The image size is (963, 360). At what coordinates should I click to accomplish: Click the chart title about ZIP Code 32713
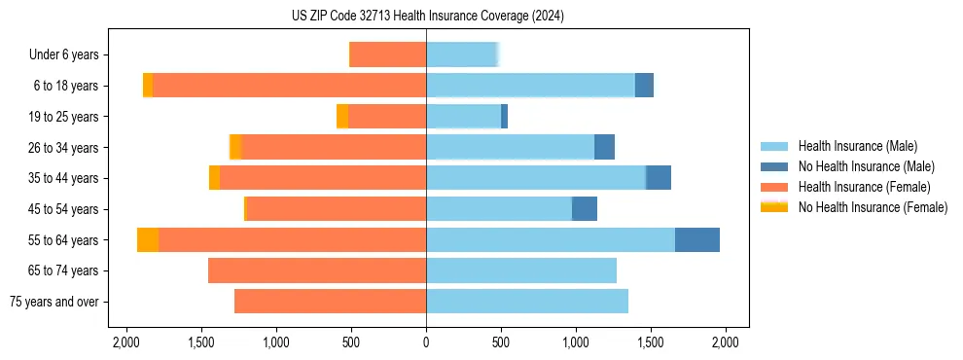pyautogui.click(x=427, y=16)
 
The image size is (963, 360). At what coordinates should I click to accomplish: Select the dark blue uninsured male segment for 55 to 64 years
pyautogui.click(x=696, y=239)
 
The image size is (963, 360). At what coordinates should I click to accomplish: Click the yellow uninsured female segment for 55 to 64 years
pyautogui.click(x=148, y=239)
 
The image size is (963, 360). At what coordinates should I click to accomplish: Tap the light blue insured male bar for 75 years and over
pyautogui.click(x=526, y=302)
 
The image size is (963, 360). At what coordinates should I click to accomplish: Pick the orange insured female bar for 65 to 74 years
pyautogui.click(x=317, y=270)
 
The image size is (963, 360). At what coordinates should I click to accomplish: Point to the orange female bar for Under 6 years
pyautogui.click(x=387, y=54)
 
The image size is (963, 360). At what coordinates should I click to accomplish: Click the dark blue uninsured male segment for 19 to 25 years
pyautogui.click(x=504, y=117)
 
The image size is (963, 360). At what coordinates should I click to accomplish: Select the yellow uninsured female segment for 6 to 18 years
pyautogui.click(x=148, y=86)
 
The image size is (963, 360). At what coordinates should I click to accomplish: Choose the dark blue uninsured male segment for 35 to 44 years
pyautogui.click(x=659, y=178)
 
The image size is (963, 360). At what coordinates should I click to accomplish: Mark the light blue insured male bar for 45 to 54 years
pyautogui.click(x=498, y=208)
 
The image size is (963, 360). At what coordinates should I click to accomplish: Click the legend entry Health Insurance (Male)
pyautogui.click(x=857, y=146)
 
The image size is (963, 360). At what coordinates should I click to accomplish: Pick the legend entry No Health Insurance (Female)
pyautogui.click(x=873, y=207)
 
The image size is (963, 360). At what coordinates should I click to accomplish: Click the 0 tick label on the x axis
pyautogui.click(x=426, y=342)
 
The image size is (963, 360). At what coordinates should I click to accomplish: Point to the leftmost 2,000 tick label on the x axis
pyautogui.click(x=126, y=342)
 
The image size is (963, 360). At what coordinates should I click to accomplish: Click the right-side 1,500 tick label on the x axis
pyautogui.click(x=651, y=342)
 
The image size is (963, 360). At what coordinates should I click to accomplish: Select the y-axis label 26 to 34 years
pyautogui.click(x=64, y=148)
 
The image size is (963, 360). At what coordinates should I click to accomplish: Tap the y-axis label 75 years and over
pyautogui.click(x=53, y=302)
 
